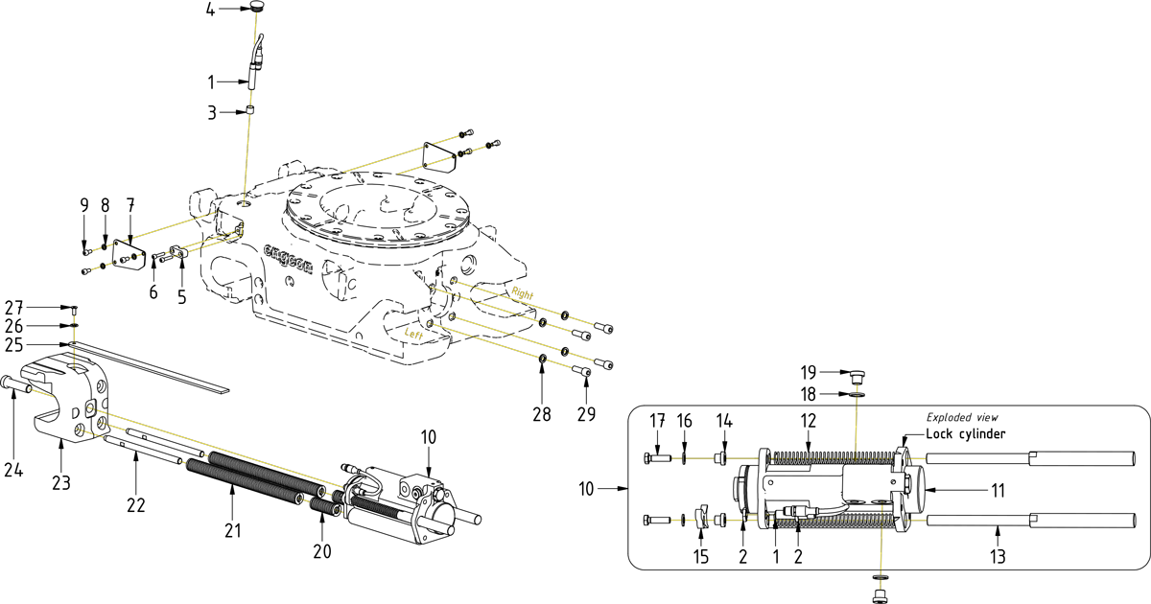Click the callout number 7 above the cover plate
[130, 205]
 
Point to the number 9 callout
[84, 205]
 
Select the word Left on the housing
[414, 334]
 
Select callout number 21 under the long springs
[233, 530]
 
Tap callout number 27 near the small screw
[39, 308]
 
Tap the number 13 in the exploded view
[999, 556]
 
